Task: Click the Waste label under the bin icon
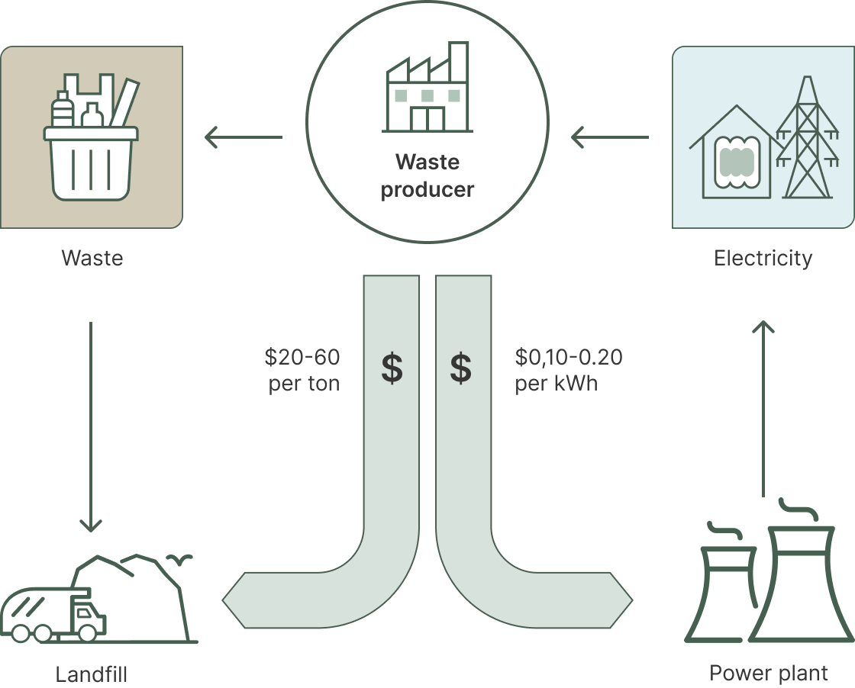tap(92, 258)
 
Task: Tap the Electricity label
tap(763, 259)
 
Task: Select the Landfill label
tap(91, 674)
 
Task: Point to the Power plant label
tap(768, 673)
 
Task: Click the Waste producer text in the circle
tap(427, 175)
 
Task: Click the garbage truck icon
tap(52, 615)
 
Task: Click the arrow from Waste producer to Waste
tap(244, 138)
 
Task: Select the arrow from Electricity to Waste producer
tap(610, 138)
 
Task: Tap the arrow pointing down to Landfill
tap(91, 427)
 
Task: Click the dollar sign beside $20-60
tap(392, 368)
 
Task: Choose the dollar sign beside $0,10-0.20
tap(460, 368)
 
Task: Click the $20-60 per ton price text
tap(303, 370)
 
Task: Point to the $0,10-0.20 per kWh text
tap(568, 370)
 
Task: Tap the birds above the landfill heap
tap(182, 561)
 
